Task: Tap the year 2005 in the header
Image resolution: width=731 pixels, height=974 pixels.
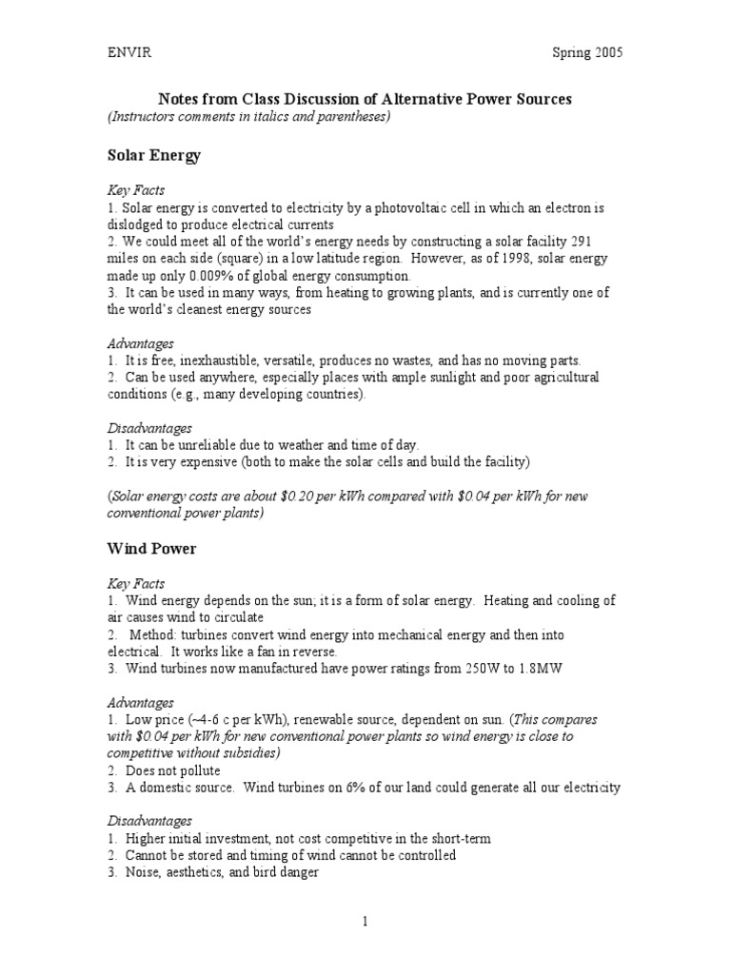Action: pyautogui.click(x=607, y=52)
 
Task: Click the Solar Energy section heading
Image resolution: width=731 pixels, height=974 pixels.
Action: pyautogui.click(x=153, y=156)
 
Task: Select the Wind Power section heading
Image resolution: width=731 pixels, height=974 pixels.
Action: pyautogui.click(x=151, y=549)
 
